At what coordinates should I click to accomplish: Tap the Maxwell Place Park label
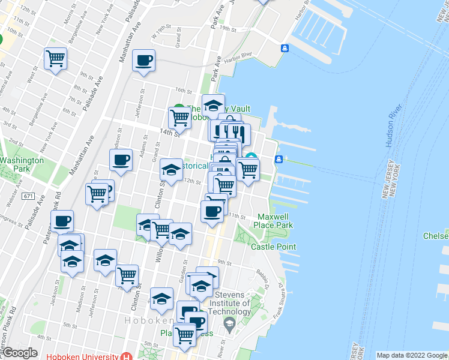coord(276,221)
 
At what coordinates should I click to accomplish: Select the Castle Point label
coord(273,247)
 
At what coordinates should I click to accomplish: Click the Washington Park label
coord(22,164)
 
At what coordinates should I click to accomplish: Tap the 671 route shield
coord(28,196)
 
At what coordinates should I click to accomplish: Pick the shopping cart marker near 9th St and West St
coord(56,59)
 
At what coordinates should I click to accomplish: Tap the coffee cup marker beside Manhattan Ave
coord(143,61)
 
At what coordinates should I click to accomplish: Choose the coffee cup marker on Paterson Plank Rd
coord(62,221)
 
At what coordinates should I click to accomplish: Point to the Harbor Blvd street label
coord(238,58)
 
